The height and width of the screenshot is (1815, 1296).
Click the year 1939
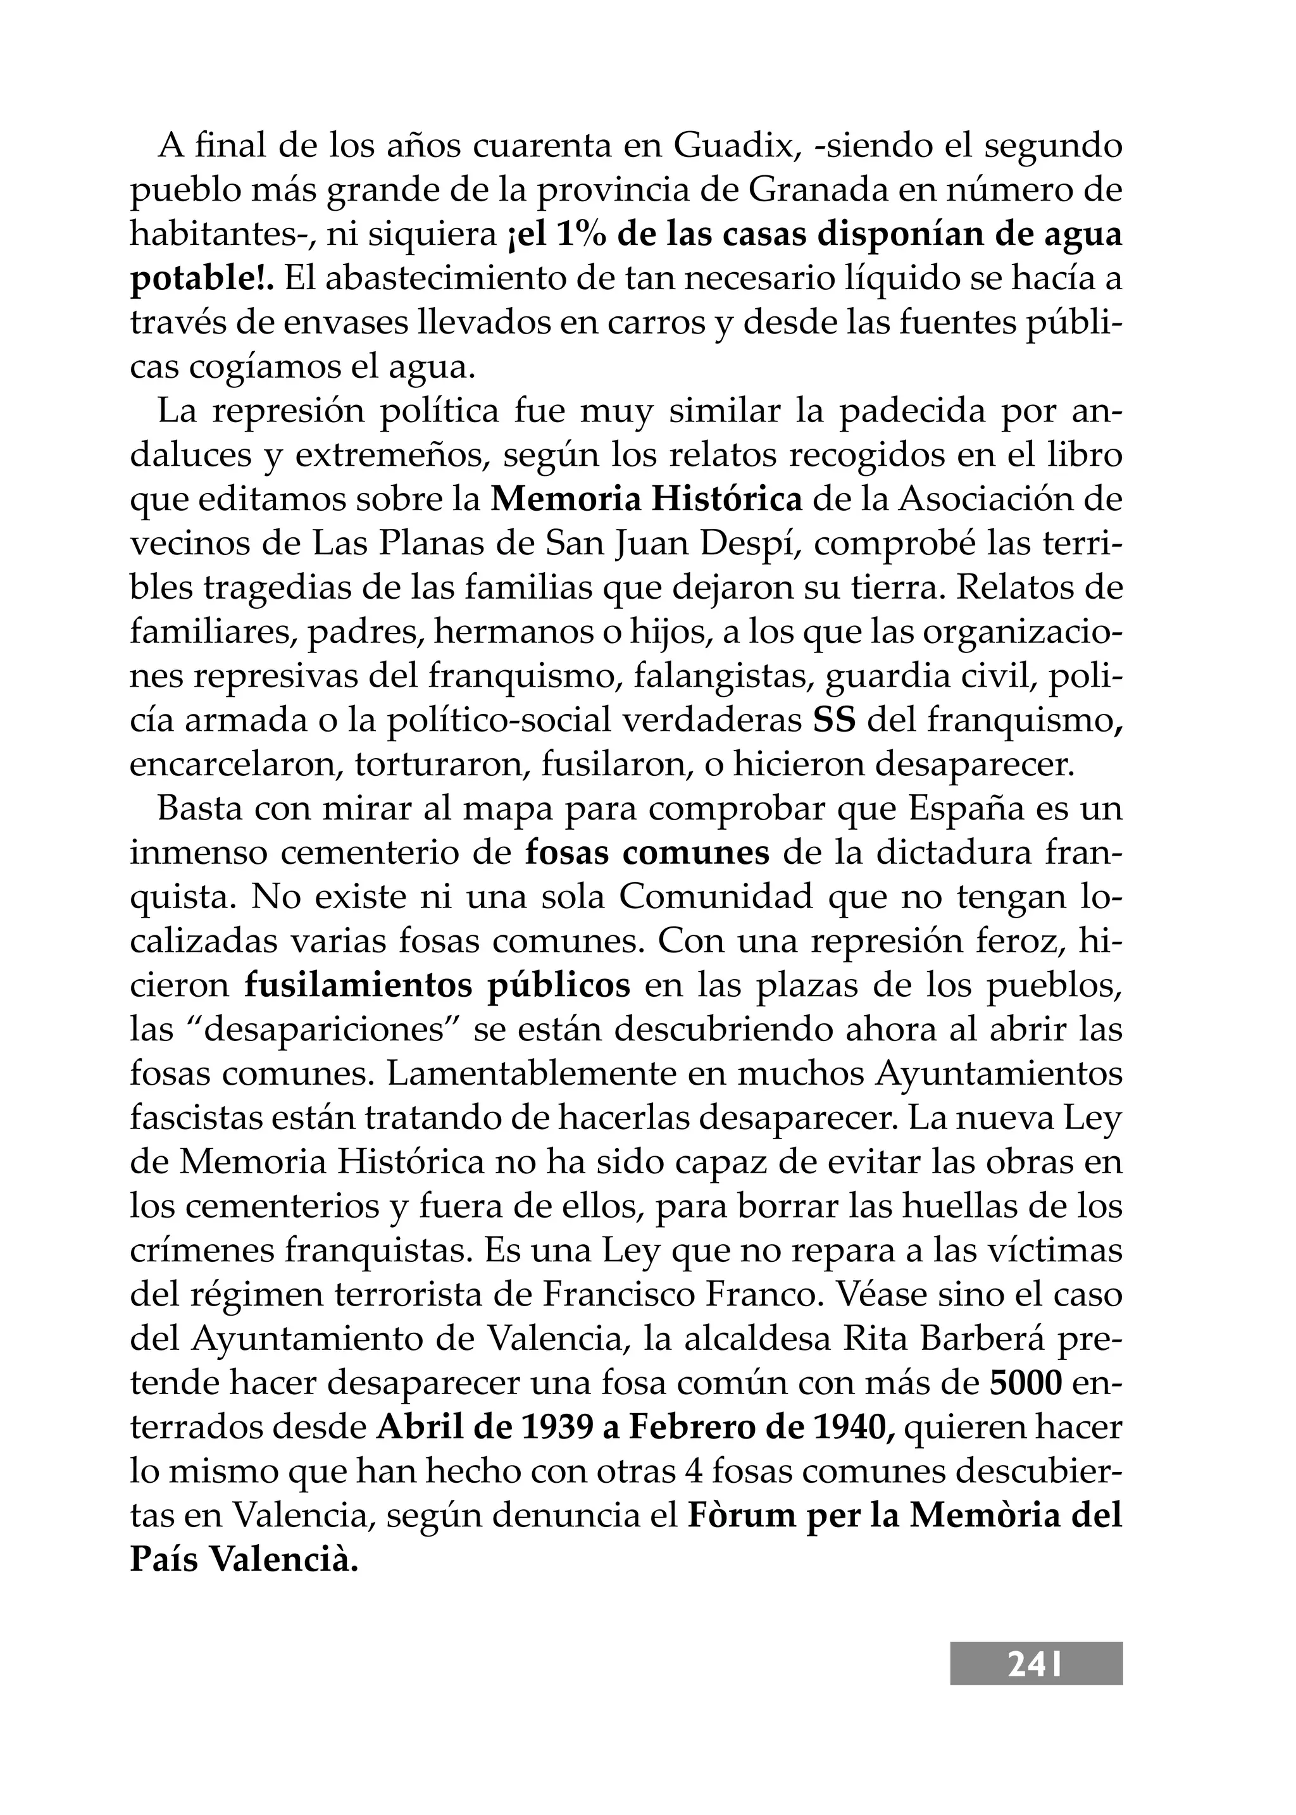[556, 1427]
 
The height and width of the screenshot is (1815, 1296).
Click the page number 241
[1035, 1665]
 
